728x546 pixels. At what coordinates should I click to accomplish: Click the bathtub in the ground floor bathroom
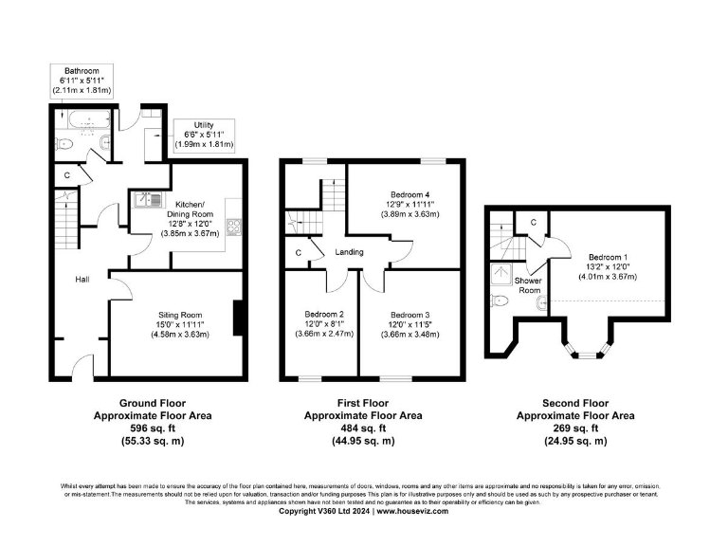coord(86,122)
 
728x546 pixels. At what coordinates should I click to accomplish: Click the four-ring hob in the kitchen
coord(233,227)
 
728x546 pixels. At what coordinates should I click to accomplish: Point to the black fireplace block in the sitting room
coord(236,316)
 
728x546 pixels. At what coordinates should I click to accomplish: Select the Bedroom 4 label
coord(404,194)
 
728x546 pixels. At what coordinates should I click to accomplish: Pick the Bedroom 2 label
coord(324,314)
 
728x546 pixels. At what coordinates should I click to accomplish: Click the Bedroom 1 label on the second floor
coord(607,257)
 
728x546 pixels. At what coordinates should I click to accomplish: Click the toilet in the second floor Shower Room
coord(500,300)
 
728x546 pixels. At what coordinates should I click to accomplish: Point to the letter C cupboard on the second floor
coord(535,222)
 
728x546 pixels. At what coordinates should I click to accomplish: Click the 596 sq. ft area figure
coord(152,428)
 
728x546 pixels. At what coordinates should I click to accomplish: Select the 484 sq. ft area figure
coord(363,428)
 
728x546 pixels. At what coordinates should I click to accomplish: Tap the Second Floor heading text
coord(575,402)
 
